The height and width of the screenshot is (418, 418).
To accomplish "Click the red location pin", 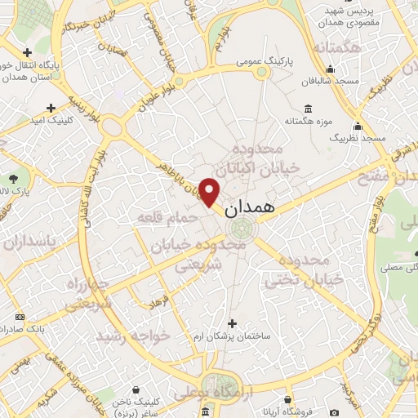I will click(x=211, y=190).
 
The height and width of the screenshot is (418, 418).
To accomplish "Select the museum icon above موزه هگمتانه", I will click(x=307, y=109).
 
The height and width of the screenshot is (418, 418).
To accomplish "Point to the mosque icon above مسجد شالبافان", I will click(x=336, y=71).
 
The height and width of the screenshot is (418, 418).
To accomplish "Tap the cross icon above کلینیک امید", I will click(x=51, y=107).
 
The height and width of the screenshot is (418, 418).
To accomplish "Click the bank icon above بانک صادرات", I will click(x=20, y=317).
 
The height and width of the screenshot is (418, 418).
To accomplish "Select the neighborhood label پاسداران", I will click(x=31, y=242).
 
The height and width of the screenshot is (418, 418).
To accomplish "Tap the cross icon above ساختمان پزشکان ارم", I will click(x=233, y=323).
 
